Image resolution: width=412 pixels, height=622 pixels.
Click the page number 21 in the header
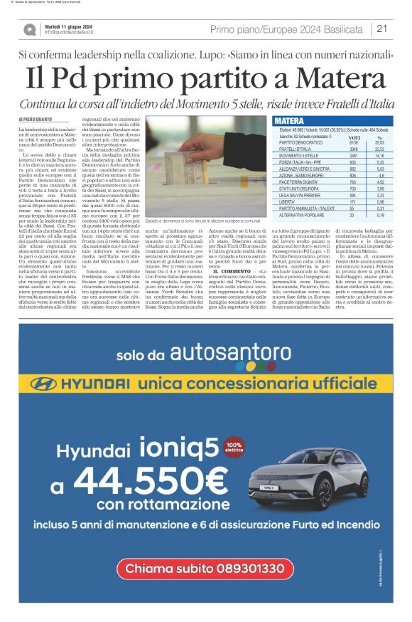381,28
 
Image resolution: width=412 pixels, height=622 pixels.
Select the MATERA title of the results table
289,121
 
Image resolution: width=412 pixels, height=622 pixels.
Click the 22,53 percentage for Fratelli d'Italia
379,149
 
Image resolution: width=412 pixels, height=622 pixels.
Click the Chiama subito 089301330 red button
205,568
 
